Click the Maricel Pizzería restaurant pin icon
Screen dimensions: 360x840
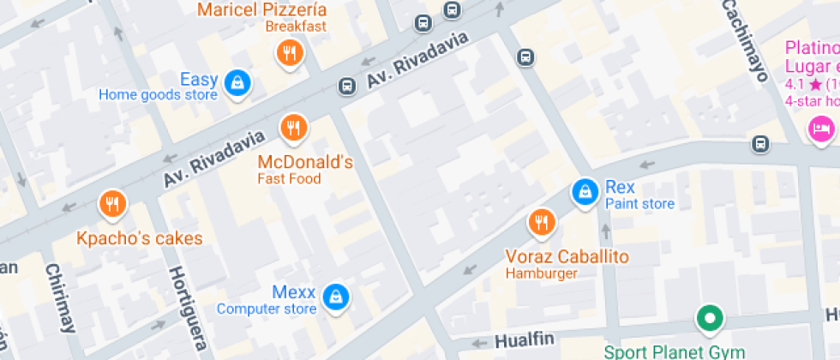(x=291, y=53)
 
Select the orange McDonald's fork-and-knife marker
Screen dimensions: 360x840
(x=293, y=129)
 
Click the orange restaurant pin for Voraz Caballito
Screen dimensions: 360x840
(x=541, y=223)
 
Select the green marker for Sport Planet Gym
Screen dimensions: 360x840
(x=709, y=320)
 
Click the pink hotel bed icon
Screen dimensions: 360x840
(x=820, y=130)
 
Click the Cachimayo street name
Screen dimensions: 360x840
(x=742, y=39)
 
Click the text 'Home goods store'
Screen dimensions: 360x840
(x=158, y=95)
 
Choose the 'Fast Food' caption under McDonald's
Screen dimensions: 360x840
(x=289, y=179)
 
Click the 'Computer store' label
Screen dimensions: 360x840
(x=267, y=309)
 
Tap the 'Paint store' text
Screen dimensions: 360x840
(x=639, y=204)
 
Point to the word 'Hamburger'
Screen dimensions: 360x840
(x=541, y=273)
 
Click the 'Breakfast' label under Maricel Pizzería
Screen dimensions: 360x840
(x=296, y=27)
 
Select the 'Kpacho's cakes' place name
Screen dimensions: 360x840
(x=140, y=238)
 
